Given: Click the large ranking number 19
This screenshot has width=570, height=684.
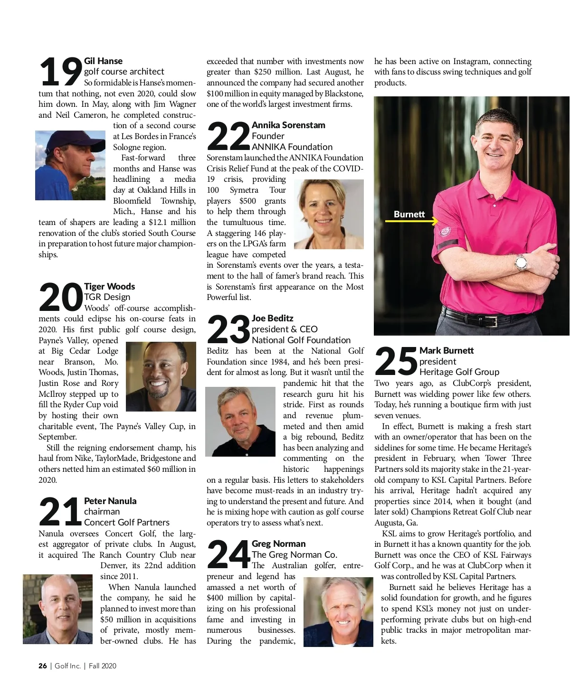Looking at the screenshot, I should pyautogui.click(x=60, y=72).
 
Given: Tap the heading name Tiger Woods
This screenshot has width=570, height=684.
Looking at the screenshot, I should pyautogui.click(x=109, y=286).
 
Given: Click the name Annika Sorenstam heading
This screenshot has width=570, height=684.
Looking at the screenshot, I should pyautogui.click(x=288, y=125).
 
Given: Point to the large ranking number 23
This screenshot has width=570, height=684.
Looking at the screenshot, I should pyautogui.click(x=228, y=329).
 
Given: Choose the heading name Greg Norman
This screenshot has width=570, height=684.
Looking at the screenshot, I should pyautogui.click(x=278, y=543).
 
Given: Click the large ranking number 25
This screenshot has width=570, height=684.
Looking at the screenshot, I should pyautogui.click(x=396, y=362).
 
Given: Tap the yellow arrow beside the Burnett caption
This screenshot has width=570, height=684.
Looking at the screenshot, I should pyautogui.click(x=411, y=221).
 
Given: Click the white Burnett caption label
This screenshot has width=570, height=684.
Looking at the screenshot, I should pyautogui.click(x=409, y=214).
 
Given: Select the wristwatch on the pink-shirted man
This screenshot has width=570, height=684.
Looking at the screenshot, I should pyautogui.click(x=521, y=262).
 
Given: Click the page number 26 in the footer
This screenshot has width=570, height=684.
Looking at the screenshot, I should pyautogui.click(x=43, y=666).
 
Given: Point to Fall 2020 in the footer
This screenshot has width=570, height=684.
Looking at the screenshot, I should pyautogui.click(x=102, y=666).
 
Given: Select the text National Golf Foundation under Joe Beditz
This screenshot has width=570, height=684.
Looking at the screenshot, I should pyautogui.click(x=301, y=340).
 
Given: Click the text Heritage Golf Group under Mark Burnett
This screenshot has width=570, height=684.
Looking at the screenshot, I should pyautogui.click(x=459, y=372).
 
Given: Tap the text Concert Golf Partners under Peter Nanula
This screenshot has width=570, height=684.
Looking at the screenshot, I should pyautogui.click(x=127, y=522).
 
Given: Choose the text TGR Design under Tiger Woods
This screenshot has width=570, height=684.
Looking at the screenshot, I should pyautogui.click(x=107, y=297).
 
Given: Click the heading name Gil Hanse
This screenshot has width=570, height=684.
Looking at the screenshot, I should pyautogui.click(x=103, y=61).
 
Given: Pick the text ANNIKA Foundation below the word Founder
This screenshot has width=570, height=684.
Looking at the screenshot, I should pyautogui.click(x=292, y=147).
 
